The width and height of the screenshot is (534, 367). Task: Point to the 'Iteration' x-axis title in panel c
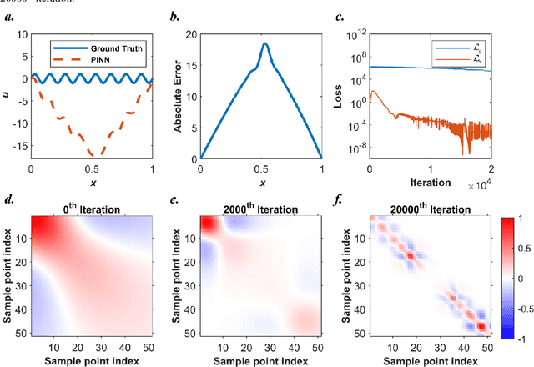coord(431,180)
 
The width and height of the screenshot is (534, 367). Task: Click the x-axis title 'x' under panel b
coord(262,182)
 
